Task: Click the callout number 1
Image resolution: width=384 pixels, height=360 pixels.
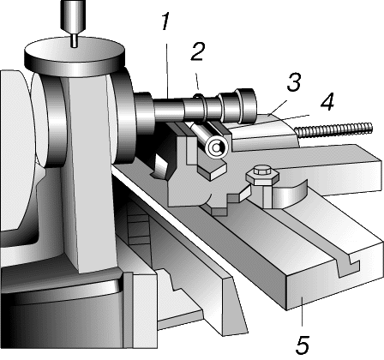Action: [165, 21]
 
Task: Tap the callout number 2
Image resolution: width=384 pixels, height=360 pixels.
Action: [198, 51]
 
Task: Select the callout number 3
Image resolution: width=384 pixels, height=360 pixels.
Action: [294, 82]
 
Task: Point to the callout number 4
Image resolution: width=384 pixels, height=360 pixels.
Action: [327, 102]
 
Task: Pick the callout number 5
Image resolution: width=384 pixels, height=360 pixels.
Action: [303, 345]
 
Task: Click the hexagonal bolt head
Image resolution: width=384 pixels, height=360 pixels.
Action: [262, 175]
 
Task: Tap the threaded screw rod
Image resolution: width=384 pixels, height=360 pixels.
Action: [333, 129]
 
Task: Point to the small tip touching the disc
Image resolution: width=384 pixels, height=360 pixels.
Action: [75, 41]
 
